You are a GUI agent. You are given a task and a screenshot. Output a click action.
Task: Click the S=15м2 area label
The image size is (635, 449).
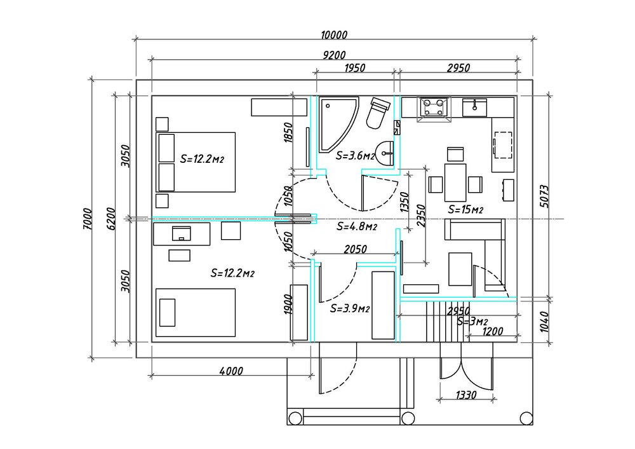pyautogui.click(x=465, y=209)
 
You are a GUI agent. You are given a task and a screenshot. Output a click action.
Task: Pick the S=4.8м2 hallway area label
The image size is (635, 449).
pyautogui.click(x=358, y=226)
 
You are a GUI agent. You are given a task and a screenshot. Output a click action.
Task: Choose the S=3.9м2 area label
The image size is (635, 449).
pyautogui.click(x=351, y=309)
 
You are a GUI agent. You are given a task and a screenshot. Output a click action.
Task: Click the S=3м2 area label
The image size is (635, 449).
pyautogui.click(x=472, y=321)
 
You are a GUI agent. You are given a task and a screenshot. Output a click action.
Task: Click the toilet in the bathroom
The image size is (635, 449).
pyautogui.click(x=378, y=113)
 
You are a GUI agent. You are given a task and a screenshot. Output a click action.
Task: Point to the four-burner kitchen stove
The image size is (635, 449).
pyautogui.click(x=434, y=108)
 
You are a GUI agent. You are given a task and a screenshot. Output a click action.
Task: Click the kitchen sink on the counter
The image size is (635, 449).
pyautogui.click(x=474, y=107)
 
